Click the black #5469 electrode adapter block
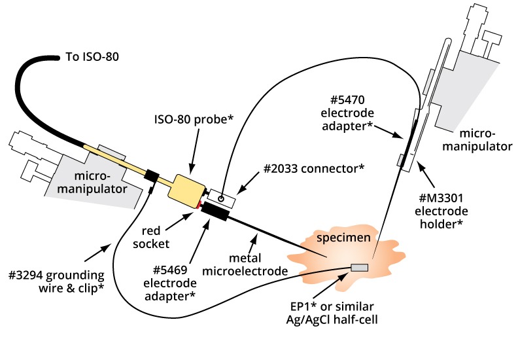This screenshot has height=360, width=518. tap(215, 211)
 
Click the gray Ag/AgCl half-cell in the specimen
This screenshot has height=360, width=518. tap(360, 267)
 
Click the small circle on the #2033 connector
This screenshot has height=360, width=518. tap(221, 197)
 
